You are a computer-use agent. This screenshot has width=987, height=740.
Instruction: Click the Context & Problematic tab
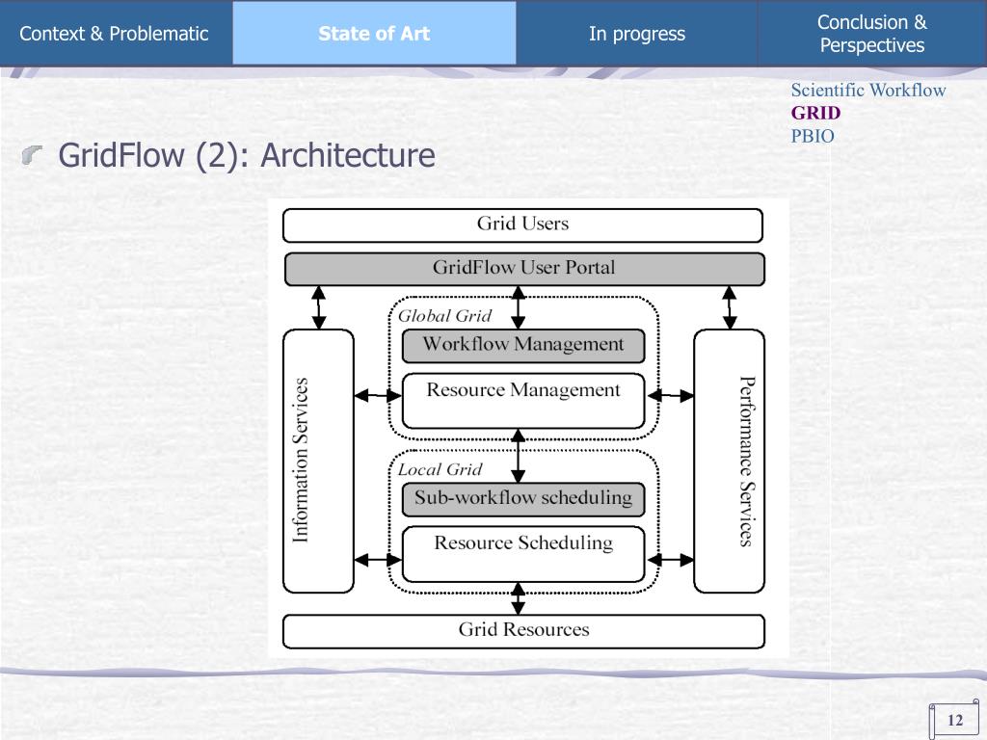pos(115,34)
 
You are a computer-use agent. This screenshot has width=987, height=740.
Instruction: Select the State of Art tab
pos(374,34)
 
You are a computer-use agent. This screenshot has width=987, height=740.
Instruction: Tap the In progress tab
pos(637,34)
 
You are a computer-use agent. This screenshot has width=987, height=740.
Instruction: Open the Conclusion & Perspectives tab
pos(871,34)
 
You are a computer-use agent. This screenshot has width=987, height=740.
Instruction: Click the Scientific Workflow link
pos(868,91)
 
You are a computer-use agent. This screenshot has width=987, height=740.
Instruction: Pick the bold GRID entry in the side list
pos(815,113)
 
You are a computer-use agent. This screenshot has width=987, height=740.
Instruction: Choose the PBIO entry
pos(813,136)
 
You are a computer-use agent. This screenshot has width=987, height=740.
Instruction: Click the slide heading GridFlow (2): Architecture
pos(247,155)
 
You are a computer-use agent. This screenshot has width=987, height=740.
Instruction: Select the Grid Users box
pos(522,225)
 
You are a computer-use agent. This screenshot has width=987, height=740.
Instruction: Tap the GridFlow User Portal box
pos(523,268)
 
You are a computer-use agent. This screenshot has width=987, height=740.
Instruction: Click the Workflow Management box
pos(523,345)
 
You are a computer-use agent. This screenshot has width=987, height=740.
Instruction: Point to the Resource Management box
pos(523,391)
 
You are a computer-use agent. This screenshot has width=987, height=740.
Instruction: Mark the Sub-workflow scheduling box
pos(523,498)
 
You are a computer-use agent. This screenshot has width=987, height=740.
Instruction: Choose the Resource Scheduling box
pos(523,543)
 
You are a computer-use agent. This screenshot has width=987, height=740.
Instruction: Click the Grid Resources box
pos(523,630)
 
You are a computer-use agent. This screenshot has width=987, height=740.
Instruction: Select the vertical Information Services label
pos(301,461)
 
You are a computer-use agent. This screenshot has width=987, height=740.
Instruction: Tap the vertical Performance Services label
pos(746,461)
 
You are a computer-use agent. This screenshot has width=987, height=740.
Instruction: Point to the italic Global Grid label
pos(444,316)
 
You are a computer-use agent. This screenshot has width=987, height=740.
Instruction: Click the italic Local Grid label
pos(440,470)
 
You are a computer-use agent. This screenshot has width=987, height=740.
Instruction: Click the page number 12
pos(955,721)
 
